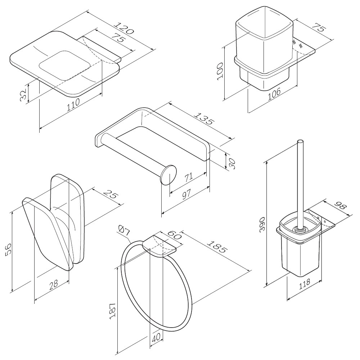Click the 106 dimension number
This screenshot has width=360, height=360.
tap(275, 95)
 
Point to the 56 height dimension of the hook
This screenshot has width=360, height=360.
tap(8, 249)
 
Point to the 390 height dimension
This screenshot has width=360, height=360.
tap(262, 225)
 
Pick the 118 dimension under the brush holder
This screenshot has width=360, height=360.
tap(304, 284)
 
